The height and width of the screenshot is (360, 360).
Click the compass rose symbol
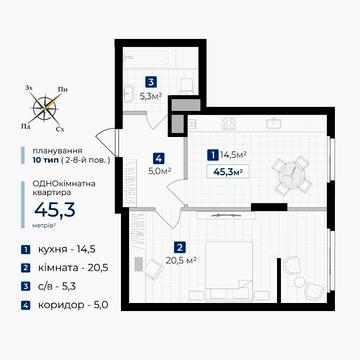pyautogui.click(x=46, y=107)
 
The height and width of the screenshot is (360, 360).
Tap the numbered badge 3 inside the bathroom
pyautogui.click(x=151, y=82)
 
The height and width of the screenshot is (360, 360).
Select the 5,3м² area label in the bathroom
pyautogui.click(x=151, y=97)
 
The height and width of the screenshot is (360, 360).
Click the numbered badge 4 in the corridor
pyautogui.click(x=159, y=158)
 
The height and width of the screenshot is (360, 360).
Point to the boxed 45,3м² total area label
pyautogui.click(x=228, y=172)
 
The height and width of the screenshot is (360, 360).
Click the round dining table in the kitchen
pyautogui.click(x=291, y=174)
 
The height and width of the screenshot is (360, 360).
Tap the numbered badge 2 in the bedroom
pyautogui.click(x=180, y=248)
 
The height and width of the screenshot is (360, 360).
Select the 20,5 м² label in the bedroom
pyautogui.click(x=180, y=260)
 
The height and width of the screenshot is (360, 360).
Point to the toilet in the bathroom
pyautogui.click(x=186, y=86)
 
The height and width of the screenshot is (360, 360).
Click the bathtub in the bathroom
pyautogui.click(x=148, y=59)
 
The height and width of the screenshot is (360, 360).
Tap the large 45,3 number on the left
pyautogui.click(x=55, y=210)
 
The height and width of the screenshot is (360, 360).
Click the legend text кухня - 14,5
pyautogui.click(x=67, y=249)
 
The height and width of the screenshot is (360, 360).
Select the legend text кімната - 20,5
pyautogui.click(x=73, y=267)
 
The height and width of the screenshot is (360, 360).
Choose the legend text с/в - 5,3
pyautogui.click(x=57, y=286)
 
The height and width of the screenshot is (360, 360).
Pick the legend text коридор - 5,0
pyautogui.click(x=73, y=305)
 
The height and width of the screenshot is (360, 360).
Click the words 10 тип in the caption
pyautogui.click(x=46, y=160)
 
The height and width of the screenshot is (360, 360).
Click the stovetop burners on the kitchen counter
pyautogui.click(x=229, y=124)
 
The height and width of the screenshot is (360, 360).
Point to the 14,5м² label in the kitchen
pyautogui.click(x=233, y=155)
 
